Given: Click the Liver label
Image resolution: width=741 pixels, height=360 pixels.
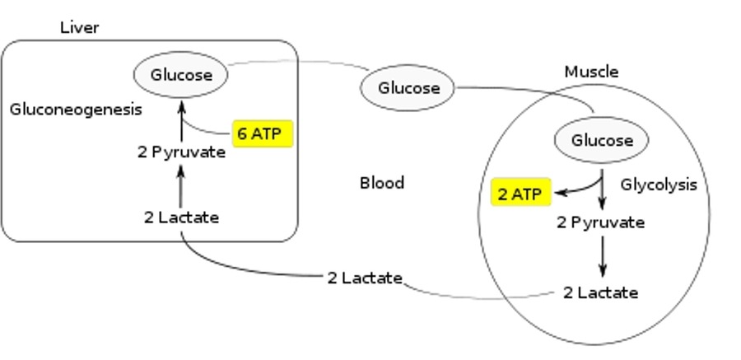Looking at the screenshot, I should pos(79,28).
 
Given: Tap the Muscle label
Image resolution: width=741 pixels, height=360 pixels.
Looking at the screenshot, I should pos(590,72).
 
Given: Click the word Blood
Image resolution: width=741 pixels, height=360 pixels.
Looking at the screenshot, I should pos(382,183).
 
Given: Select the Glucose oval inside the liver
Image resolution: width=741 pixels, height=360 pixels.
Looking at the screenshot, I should pos(181,75).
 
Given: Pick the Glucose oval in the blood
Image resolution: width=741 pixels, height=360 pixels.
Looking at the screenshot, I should pos(408,87).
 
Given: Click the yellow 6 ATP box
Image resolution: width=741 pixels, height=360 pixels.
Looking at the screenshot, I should pos(263,133).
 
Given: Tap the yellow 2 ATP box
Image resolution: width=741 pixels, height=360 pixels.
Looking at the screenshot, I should pos(520,194).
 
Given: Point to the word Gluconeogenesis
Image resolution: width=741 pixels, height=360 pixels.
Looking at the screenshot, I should pos(76,109).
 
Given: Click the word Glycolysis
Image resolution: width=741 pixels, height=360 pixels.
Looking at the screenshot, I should pos(658,185).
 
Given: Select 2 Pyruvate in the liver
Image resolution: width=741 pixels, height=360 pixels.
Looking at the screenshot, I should pos(181,152).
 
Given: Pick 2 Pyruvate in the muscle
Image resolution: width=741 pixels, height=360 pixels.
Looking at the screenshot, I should pos(600,222).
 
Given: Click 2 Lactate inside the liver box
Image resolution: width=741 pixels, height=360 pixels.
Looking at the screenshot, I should pos(181,217).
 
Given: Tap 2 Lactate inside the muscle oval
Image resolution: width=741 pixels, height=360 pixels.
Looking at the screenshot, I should pos(600,292).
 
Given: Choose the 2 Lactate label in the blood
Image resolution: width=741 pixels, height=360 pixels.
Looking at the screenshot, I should pos(364,278).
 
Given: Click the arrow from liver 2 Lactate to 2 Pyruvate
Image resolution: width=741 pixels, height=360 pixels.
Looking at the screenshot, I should pos(181,185).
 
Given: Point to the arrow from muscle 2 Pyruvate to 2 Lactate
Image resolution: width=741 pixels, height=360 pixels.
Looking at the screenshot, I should pos(603,257).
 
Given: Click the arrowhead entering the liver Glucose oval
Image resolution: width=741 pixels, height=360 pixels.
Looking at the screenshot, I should pos(181,105).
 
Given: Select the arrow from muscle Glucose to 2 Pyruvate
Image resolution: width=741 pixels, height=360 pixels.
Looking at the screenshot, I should pos(603,191).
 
